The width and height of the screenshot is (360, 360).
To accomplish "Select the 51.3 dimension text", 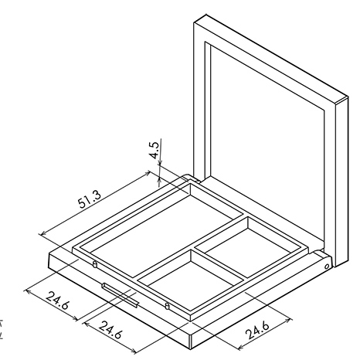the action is click(x=90, y=199).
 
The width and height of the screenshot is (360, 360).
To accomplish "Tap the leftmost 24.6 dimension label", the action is click(x=58, y=301).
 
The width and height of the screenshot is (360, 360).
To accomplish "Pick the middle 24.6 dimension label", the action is click(x=110, y=330).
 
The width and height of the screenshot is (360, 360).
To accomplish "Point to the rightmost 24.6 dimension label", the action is click(x=257, y=330).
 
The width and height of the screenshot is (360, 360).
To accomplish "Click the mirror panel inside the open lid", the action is click(x=267, y=144).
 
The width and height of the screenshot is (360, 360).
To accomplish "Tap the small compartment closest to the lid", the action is click(x=248, y=246).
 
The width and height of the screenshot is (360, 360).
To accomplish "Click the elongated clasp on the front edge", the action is click(x=121, y=295).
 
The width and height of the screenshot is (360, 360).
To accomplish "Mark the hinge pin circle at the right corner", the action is click(x=327, y=267).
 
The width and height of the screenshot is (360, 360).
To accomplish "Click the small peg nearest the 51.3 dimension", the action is click(x=95, y=264).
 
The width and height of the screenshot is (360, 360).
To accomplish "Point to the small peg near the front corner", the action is click(x=168, y=306).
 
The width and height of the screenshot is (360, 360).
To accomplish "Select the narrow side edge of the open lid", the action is click(x=342, y=182).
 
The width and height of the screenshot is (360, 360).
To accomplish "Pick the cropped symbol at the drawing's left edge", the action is click(x=1, y=329).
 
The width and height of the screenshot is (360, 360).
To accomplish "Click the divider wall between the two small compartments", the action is click(x=219, y=263).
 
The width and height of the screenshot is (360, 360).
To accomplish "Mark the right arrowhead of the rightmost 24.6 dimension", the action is click(x=289, y=321).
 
